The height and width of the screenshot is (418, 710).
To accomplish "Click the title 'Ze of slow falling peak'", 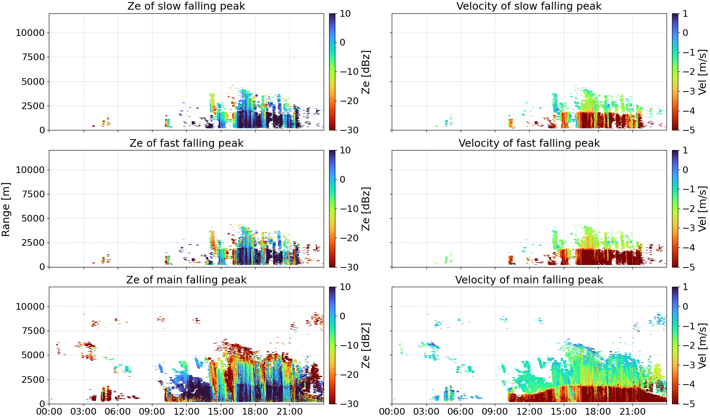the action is (186, 6).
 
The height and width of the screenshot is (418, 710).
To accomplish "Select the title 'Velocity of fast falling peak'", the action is (529, 143).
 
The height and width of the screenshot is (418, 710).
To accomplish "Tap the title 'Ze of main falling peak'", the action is (186, 280).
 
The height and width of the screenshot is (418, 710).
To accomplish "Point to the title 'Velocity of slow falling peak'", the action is (529, 6).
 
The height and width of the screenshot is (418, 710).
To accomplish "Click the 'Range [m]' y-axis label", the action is (6, 209).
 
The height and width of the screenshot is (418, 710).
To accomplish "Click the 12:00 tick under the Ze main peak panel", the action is (186, 412).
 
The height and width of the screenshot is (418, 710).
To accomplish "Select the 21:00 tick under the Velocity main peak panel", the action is (632, 412).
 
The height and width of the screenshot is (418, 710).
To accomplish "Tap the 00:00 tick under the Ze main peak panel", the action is (49, 412).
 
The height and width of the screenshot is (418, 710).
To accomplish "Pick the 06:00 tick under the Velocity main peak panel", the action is (461, 412).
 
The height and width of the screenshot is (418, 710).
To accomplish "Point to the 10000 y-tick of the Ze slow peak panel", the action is (30, 33).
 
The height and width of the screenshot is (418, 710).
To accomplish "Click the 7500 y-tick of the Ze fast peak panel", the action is (33, 194).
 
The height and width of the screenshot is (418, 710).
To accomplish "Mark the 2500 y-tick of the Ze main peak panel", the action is (33, 380).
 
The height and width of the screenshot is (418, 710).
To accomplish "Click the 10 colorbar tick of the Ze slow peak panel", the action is (345, 14).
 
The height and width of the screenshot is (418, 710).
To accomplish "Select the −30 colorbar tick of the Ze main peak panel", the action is (349, 404).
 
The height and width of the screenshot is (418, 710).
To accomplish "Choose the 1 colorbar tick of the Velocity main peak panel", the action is (685, 287).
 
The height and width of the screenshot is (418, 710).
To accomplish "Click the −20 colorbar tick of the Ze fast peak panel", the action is (349, 238).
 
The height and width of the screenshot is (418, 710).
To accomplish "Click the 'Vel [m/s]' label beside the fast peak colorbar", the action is (702, 209).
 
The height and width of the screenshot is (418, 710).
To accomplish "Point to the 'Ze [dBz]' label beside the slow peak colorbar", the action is (366, 72).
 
